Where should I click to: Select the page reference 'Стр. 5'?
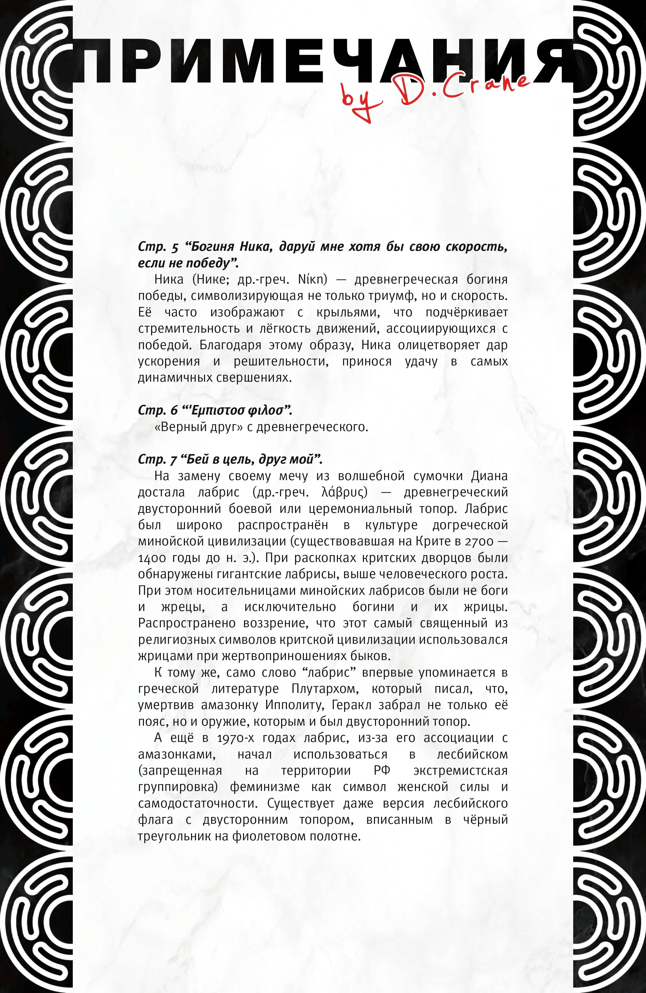click(158, 247)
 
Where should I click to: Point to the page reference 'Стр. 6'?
click(158, 411)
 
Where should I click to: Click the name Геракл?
click(351, 705)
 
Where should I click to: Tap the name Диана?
click(489, 476)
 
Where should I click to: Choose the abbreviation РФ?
click(381, 770)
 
